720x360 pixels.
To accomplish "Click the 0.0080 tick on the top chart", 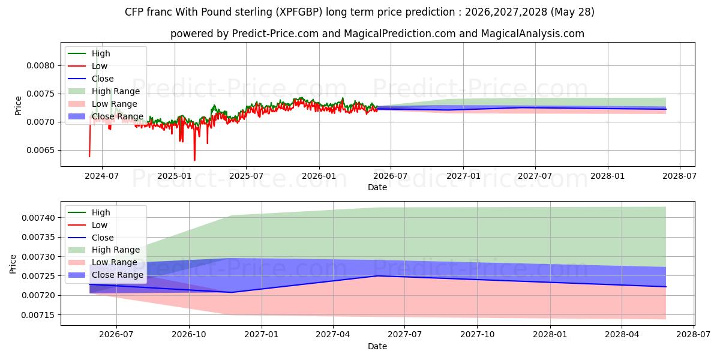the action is (x=41, y=66).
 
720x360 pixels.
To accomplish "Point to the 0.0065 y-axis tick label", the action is (x=41, y=151).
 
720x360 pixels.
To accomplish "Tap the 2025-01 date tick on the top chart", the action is (x=175, y=176).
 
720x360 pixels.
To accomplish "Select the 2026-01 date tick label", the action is (x=319, y=176).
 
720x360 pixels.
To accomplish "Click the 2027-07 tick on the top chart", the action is (x=535, y=176).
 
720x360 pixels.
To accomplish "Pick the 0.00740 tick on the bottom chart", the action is (x=38, y=218).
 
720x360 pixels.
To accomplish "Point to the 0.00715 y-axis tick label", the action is (x=38, y=316).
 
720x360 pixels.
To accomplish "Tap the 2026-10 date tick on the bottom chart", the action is (x=189, y=335).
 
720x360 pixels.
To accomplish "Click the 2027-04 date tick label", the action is (x=333, y=335).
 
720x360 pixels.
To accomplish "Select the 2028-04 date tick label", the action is (x=622, y=335).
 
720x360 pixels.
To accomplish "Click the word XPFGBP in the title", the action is (x=300, y=12).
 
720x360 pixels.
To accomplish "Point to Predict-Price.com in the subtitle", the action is (x=275, y=34).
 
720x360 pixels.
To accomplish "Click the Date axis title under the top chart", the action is (x=377, y=187).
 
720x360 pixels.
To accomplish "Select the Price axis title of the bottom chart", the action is (x=13, y=264).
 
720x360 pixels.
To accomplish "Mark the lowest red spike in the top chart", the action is (x=194, y=160).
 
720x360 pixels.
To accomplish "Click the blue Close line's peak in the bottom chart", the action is (x=378, y=276).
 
